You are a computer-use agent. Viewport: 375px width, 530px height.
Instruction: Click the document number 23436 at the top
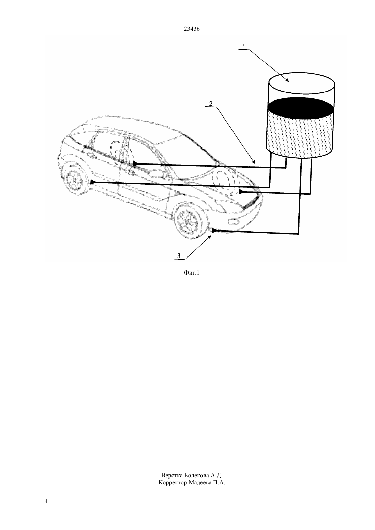click(192, 29)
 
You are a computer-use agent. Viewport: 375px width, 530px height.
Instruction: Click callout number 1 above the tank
click(243, 46)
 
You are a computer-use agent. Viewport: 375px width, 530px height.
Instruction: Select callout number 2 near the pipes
click(211, 104)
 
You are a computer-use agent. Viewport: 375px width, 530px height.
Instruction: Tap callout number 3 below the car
click(179, 255)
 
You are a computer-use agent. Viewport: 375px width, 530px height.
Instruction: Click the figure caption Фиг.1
click(192, 273)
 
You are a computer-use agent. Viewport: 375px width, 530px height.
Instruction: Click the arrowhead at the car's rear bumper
click(93, 182)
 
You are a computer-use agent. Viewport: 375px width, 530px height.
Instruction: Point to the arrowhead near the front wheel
click(214, 231)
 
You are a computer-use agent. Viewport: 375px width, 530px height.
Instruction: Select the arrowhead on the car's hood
click(241, 192)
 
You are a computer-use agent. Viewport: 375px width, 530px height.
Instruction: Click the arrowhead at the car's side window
click(135, 163)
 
